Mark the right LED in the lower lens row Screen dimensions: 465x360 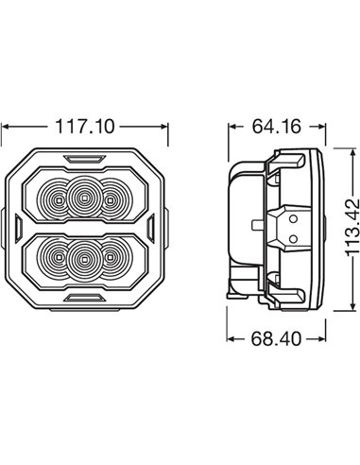coord(112,257)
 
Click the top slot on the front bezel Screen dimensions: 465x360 coord(84,153)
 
